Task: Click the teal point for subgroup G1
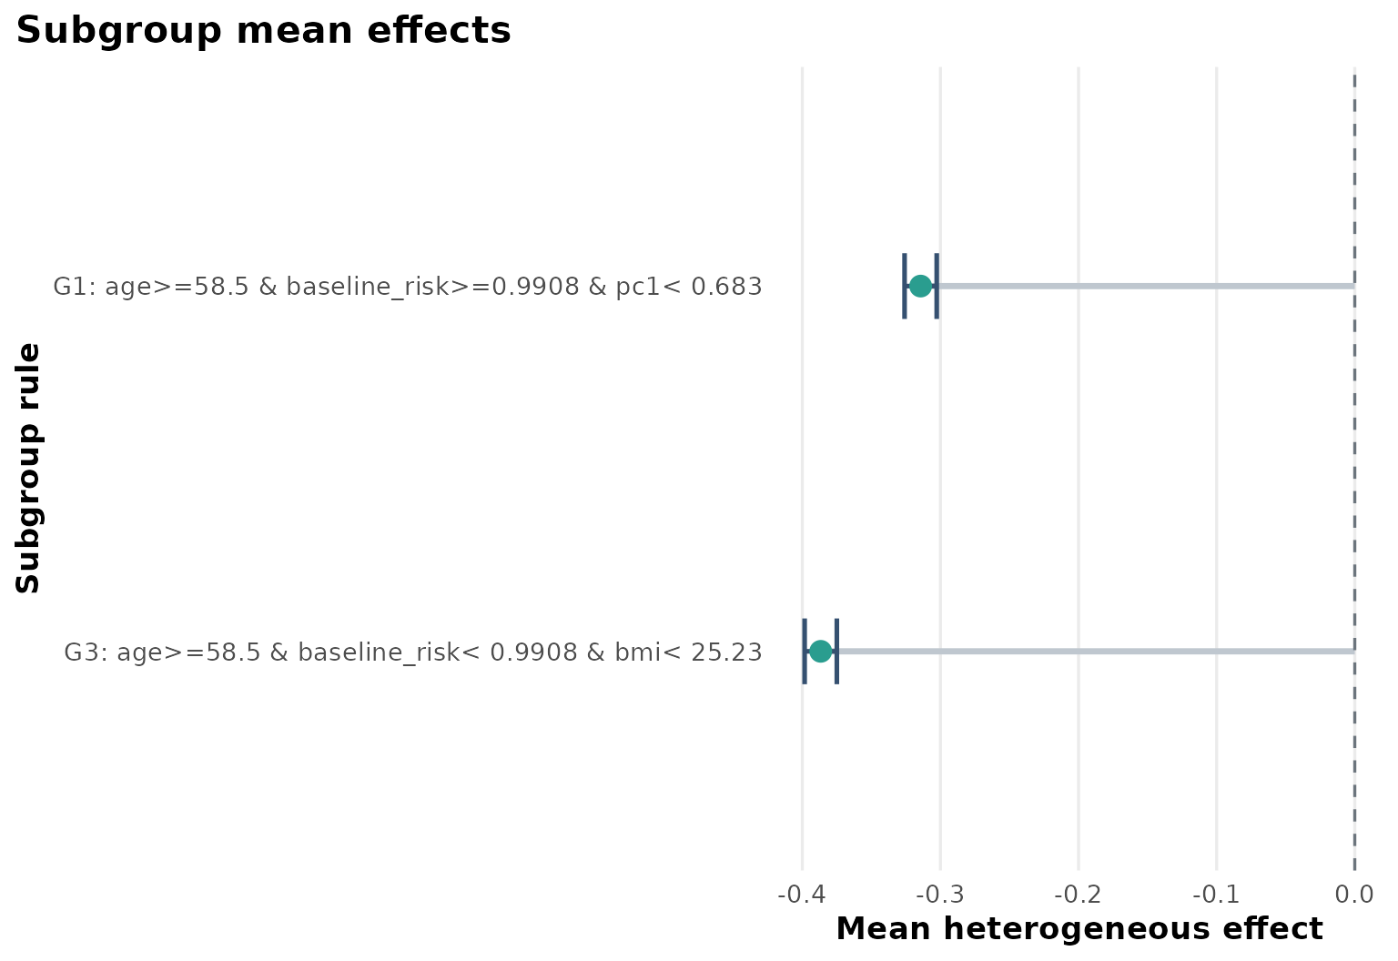coord(920,286)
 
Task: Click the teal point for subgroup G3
coord(820,651)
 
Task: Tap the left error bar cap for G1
coord(904,286)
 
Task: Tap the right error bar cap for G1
coord(937,286)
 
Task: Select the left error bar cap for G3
coord(805,651)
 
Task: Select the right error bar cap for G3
coord(836,651)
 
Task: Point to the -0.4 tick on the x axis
coord(802,895)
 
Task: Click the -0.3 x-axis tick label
coord(940,895)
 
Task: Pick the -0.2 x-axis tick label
coord(1079,895)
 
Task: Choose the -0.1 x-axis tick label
coord(1216,895)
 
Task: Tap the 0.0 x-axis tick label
coord(1354,895)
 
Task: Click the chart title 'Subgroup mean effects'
coord(264,31)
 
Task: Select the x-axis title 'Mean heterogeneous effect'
coord(1079,929)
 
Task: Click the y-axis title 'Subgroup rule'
coord(29,468)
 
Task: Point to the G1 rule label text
coord(408,287)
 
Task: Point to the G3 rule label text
coord(412,652)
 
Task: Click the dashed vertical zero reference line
coord(1354,455)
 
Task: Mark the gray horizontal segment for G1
coord(1147,286)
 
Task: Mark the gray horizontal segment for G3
coord(1092,651)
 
